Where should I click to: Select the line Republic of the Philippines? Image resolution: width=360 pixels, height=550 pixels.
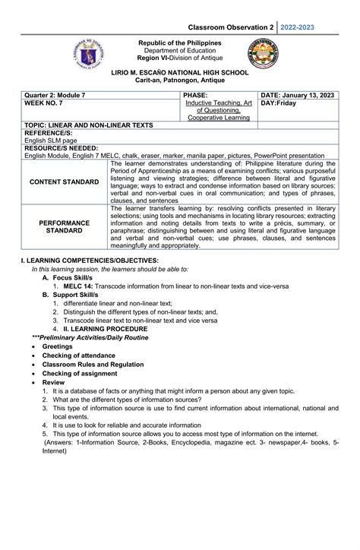click(179, 43)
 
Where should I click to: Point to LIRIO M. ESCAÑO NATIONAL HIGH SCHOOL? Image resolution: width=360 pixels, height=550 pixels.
click(179, 69)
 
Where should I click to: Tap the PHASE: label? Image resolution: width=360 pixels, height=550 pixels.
click(197, 93)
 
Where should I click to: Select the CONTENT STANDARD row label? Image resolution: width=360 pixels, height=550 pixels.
click(65, 182)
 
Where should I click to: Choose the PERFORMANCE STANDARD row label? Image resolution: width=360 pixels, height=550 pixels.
click(65, 227)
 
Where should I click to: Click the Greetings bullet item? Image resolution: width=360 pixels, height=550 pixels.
click(57, 346)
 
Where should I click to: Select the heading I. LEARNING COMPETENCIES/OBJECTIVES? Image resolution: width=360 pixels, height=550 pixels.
click(90, 261)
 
